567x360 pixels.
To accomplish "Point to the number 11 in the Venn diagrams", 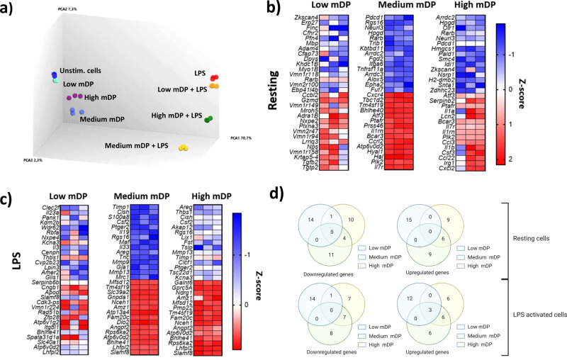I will pyautogui.click(x=332, y=254).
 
